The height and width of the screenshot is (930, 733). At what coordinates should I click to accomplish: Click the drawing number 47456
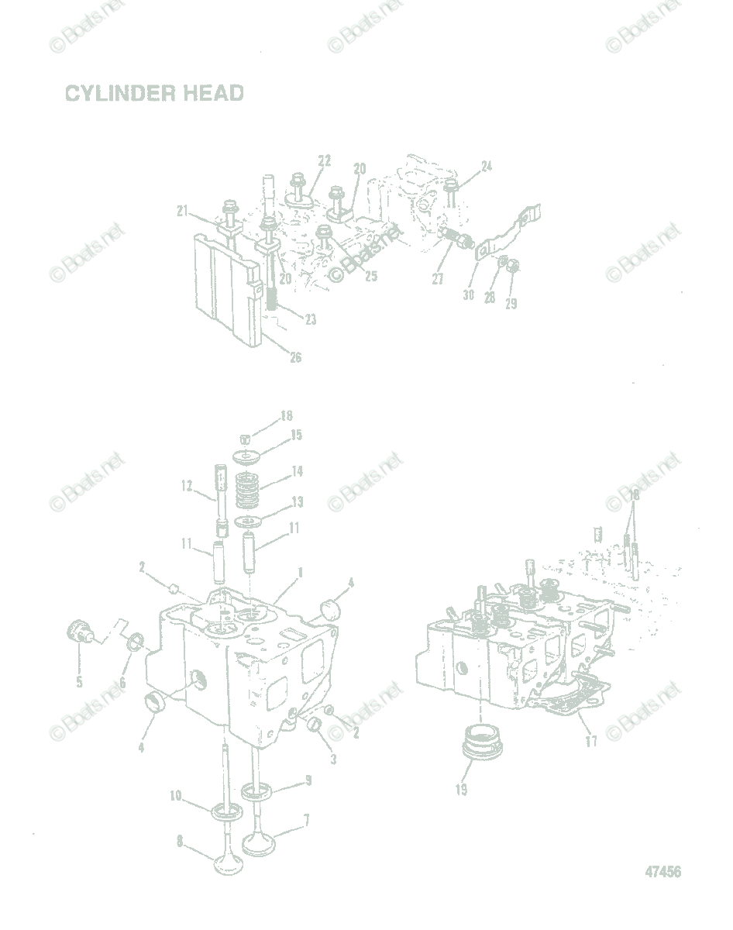[x=662, y=872]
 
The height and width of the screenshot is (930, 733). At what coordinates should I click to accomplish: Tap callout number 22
[x=324, y=160]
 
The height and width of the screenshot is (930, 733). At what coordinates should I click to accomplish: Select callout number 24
[x=486, y=167]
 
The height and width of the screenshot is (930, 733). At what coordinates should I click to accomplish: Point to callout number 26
[x=296, y=357]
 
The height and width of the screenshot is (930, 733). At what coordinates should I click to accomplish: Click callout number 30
[x=467, y=294]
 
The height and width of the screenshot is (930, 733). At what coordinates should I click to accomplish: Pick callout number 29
[x=511, y=304]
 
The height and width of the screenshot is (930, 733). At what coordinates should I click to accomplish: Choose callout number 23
[x=310, y=319]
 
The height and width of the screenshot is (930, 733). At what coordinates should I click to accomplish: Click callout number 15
[x=296, y=436]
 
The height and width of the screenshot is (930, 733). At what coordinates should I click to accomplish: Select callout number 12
[x=186, y=486]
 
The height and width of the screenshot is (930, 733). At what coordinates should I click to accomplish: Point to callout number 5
[x=79, y=682]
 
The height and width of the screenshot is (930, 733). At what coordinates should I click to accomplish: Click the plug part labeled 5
[x=76, y=630]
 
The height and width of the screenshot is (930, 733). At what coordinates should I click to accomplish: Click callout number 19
[x=461, y=790]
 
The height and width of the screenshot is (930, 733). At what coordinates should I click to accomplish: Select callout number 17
[x=591, y=741]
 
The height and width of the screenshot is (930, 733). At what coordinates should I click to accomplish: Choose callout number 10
[x=175, y=795]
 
